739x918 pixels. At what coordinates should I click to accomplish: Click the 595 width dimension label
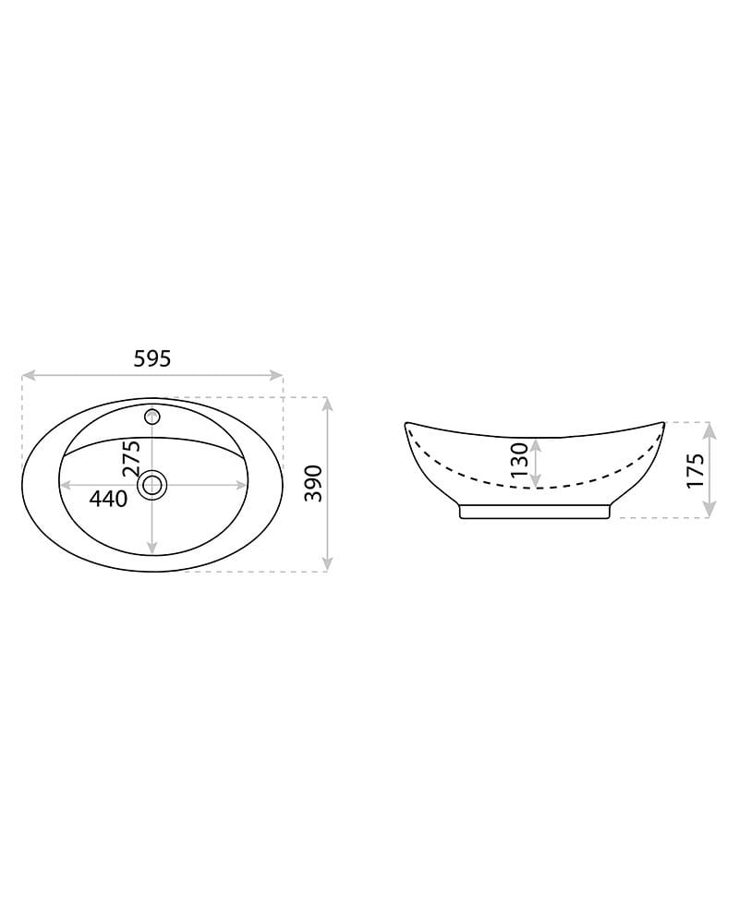point(152,357)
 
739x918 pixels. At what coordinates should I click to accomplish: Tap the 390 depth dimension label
point(314,483)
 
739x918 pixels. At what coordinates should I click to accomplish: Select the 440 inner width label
point(108,499)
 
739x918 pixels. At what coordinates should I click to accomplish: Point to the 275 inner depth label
point(131,458)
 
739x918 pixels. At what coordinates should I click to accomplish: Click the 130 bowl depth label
point(519,460)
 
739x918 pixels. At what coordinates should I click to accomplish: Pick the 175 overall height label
point(695,470)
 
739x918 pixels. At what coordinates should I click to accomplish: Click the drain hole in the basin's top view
point(152,485)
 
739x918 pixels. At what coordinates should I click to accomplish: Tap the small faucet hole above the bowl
point(152,417)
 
